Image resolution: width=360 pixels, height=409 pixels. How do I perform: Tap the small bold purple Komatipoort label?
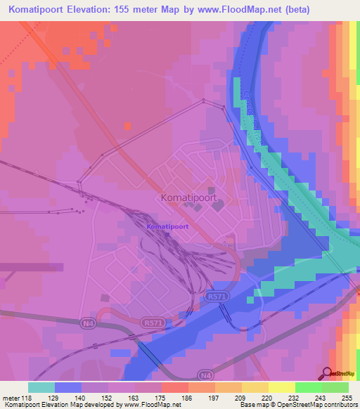point(167,227)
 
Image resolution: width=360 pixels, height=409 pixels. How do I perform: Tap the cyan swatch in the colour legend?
point(41,387)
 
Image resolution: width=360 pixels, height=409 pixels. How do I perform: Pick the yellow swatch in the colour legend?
point(281,387)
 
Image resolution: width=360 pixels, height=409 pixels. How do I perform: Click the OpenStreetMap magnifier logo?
point(328,373)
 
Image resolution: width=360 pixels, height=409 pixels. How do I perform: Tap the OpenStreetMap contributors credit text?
point(319,405)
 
